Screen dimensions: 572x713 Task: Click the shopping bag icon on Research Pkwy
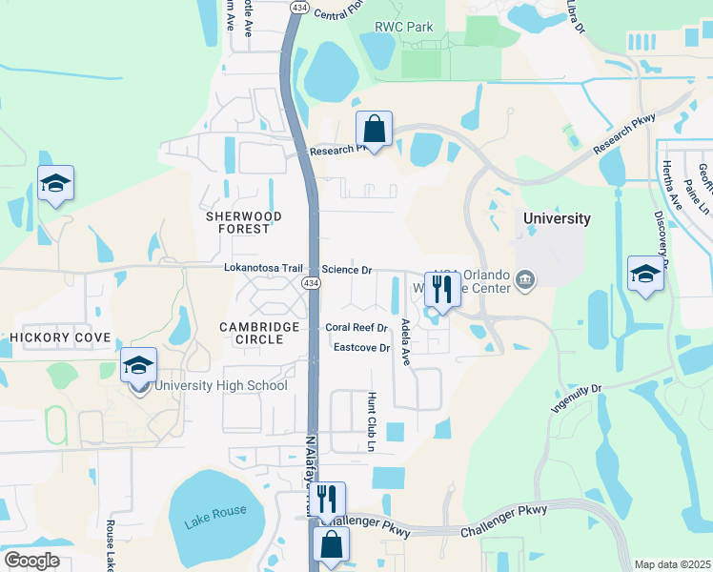pos(375,129)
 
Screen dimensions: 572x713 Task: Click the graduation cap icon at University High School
pos(138,366)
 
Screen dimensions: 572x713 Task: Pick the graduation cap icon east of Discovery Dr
pos(645,274)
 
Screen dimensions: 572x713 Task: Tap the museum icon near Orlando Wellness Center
pos(525,279)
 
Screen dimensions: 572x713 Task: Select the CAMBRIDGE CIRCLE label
pos(260,333)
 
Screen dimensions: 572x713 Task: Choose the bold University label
pos(558,218)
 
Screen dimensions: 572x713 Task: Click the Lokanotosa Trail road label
pos(262,269)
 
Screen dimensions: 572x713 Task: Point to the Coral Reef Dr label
pos(356,327)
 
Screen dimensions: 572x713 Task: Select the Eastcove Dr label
pos(362,348)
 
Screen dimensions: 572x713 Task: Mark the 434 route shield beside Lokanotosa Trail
pos(311,284)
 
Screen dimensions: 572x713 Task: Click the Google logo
pos(32,560)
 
